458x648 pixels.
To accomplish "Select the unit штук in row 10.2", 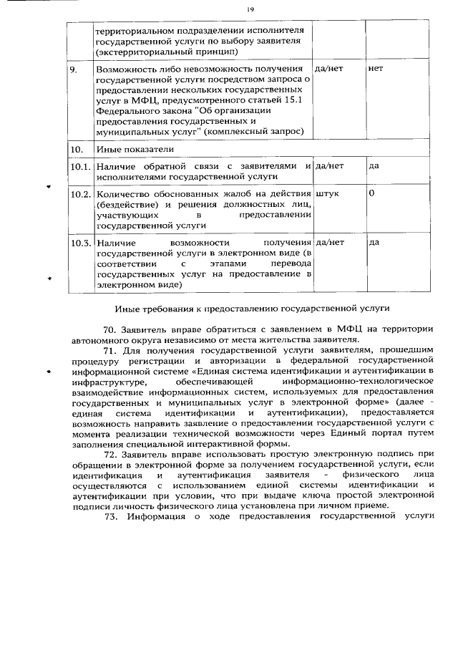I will click(x=327, y=194).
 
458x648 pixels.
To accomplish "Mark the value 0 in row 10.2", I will click(x=371, y=194).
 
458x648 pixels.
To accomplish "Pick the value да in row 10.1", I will click(x=373, y=166).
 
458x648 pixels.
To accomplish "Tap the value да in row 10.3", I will click(x=373, y=243).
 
